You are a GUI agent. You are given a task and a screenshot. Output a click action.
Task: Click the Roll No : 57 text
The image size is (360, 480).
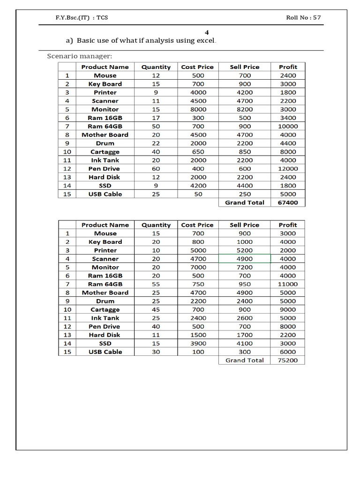[303, 17]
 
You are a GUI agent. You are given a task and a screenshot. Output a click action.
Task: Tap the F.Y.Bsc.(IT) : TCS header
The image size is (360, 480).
[82, 17]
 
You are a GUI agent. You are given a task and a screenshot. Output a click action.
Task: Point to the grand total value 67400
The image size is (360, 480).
[288, 202]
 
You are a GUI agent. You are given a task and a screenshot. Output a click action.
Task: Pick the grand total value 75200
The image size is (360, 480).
[288, 360]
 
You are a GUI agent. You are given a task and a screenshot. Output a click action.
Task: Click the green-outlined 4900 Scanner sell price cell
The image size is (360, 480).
[245, 259]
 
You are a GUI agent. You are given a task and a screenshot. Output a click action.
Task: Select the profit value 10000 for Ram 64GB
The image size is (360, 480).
[288, 126]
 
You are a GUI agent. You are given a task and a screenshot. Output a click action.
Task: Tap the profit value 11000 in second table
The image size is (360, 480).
[288, 284]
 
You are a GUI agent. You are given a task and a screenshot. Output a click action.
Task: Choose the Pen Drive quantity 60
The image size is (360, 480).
[156, 169]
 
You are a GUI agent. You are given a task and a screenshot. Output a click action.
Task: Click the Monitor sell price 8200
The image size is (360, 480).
[245, 109]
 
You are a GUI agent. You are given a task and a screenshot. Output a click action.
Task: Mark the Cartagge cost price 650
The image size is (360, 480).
[197, 152]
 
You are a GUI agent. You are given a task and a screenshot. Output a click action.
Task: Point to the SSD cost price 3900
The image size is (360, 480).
[197, 344]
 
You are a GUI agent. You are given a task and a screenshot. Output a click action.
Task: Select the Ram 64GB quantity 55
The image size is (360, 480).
[156, 284]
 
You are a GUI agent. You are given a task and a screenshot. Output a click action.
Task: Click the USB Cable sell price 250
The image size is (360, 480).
[245, 194]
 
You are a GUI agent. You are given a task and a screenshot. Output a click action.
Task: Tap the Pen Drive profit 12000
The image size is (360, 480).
[288, 169]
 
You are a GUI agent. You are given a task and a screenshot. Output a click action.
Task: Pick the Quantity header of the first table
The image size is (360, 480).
[156, 67]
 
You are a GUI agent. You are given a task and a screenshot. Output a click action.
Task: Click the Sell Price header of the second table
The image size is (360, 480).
[245, 225]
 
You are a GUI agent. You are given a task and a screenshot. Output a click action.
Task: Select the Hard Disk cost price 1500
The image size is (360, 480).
[197, 335]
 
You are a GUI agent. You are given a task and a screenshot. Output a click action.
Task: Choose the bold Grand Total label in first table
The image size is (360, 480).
[245, 202]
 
